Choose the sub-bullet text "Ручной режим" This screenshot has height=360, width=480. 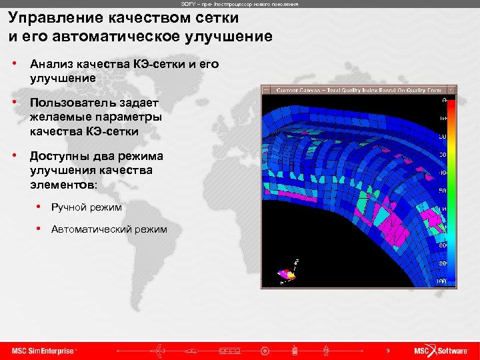click(86, 207)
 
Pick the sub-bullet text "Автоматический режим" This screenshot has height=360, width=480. click(109, 230)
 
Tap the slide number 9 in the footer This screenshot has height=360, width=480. click(387, 351)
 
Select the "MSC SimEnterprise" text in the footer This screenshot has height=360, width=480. click(44, 351)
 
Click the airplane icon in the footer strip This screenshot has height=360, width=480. click(161, 351)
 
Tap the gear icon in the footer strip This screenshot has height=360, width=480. click(265, 351)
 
